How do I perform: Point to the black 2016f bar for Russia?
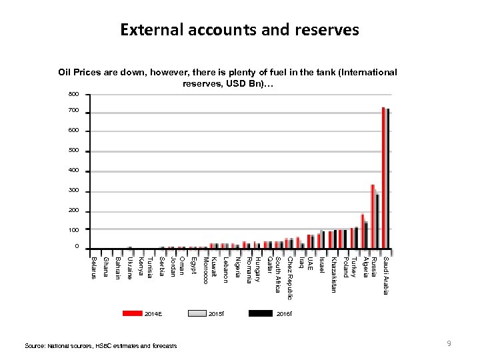coord(378,221)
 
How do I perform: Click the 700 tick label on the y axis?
coord(73,109)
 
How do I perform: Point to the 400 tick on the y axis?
coord(73,171)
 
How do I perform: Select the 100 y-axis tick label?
coord(73,230)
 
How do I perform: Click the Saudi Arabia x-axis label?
coord(385,275)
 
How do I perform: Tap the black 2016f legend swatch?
coord(259,313)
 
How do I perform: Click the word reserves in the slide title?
coord(323,30)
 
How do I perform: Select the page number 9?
coord(450,343)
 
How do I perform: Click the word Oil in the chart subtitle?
coord(64,72)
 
